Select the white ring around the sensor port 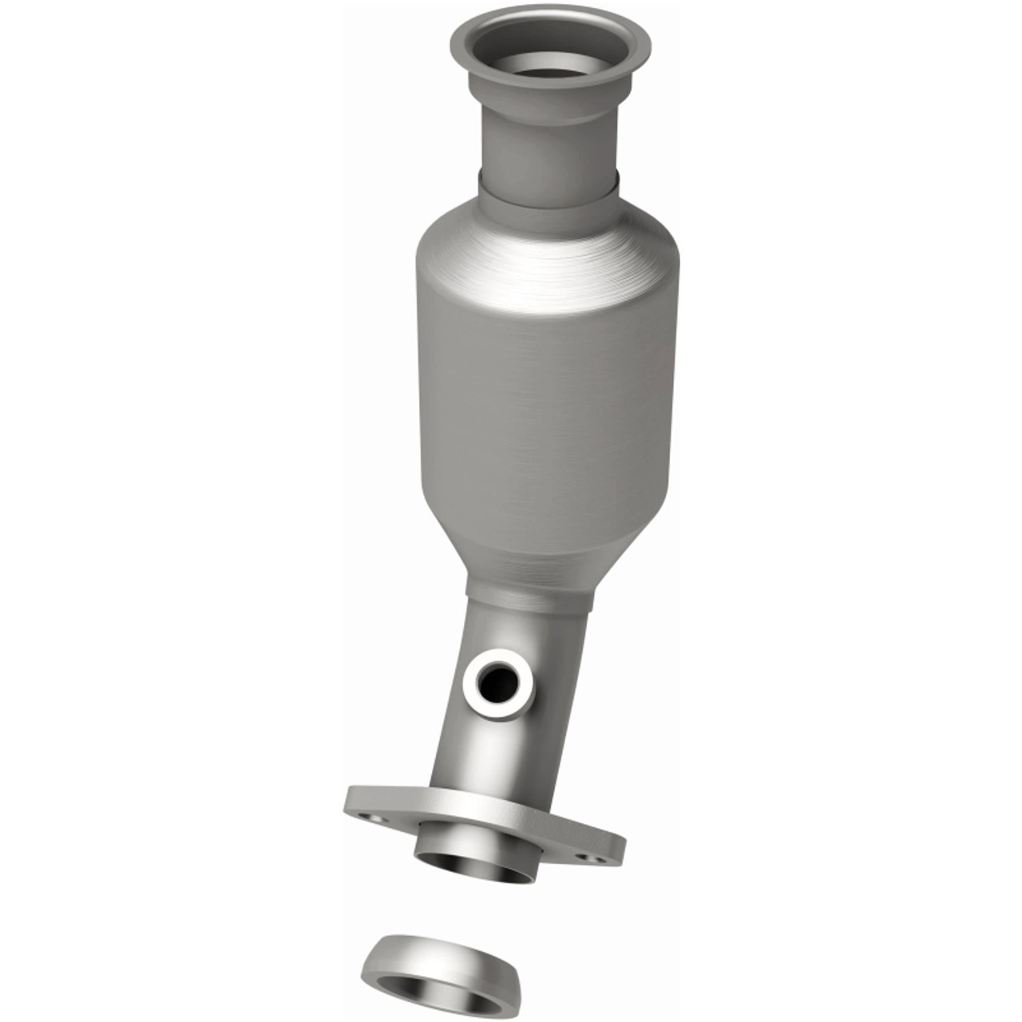pos(477,695)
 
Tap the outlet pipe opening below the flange pos(475,867)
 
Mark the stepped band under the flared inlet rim pos(551,100)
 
